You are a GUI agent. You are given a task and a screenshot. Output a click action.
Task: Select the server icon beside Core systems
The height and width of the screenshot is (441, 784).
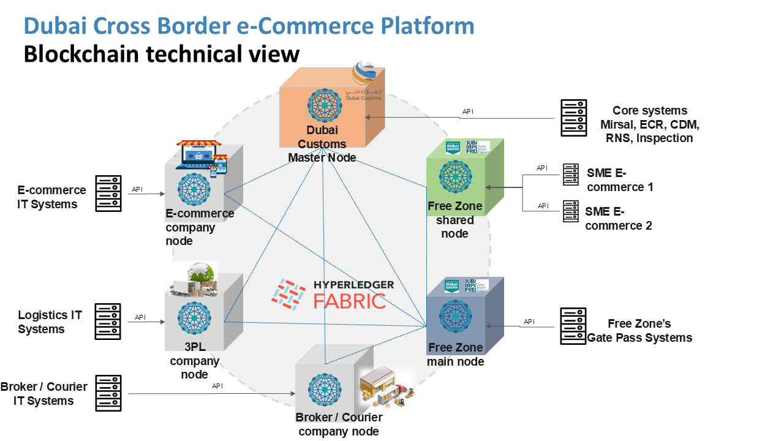pos(574,118)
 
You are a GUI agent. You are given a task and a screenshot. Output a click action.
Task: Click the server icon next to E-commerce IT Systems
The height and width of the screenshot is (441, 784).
pos(108,194)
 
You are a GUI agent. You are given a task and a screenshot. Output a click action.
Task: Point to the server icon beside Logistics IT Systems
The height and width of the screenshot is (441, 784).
pos(108,321)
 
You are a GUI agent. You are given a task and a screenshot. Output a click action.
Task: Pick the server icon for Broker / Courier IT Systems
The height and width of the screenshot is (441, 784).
pos(108,393)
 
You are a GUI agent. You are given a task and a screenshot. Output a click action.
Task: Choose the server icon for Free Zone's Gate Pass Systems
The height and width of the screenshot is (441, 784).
pos(574,326)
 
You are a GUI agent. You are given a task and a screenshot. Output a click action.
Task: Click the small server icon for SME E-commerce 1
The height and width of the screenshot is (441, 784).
pos(571,175)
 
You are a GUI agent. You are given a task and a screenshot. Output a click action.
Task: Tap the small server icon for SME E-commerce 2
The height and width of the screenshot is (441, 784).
pos(571,211)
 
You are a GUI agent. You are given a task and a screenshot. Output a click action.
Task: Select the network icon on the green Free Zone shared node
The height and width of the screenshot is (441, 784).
pos(456,177)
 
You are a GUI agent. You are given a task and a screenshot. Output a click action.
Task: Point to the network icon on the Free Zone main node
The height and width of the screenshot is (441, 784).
pos(456,317)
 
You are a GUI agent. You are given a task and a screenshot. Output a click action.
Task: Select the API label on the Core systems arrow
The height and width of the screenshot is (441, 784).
pos(468,111)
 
